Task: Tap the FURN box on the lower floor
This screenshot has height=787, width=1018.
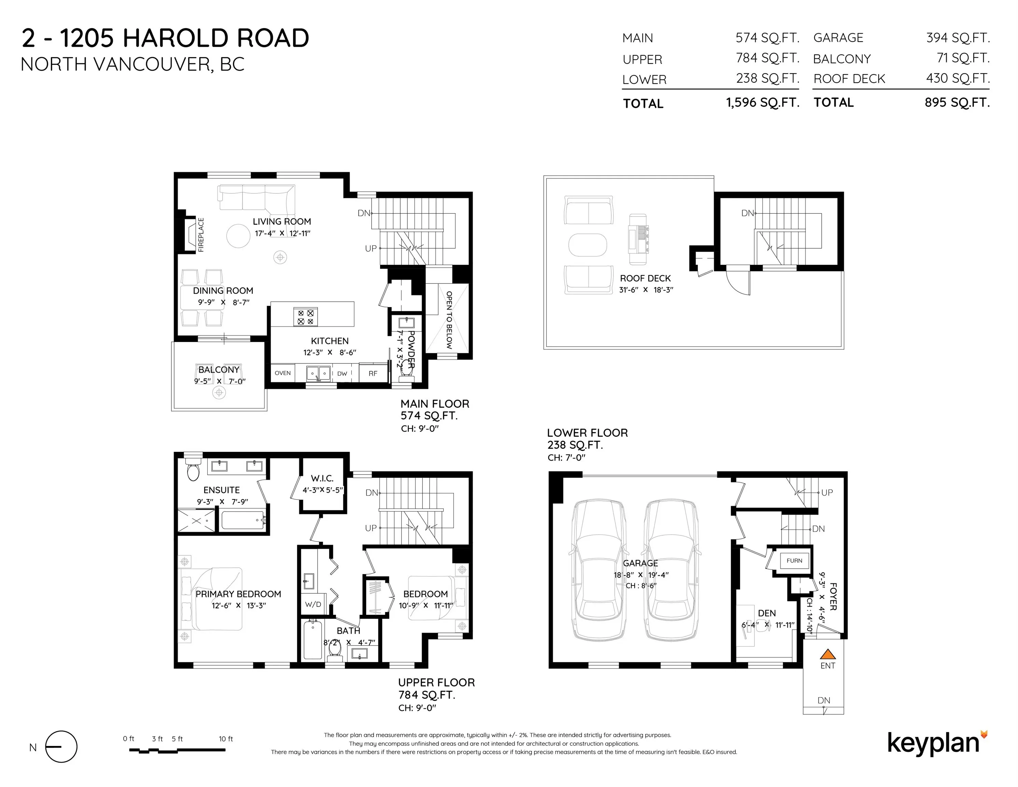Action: [794, 561]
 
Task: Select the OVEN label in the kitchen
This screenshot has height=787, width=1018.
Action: [282, 373]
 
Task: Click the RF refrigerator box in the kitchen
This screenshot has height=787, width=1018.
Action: [373, 373]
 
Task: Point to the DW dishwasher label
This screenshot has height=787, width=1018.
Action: [342, 373]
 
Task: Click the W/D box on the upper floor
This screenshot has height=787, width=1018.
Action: [313, 604]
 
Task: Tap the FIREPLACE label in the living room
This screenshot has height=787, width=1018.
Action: [201, 235]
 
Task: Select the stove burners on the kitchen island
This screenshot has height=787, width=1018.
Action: [305, 317]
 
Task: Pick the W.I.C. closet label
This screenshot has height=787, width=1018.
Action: [322, 478]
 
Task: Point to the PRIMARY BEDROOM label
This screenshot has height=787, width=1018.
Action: [238, 594]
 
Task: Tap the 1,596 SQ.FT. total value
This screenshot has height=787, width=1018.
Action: [763, 102]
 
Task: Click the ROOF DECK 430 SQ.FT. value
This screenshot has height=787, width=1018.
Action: [958, 78]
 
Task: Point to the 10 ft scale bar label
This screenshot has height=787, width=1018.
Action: [226, 738]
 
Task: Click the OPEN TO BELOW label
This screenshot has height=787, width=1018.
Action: [449, 320]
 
